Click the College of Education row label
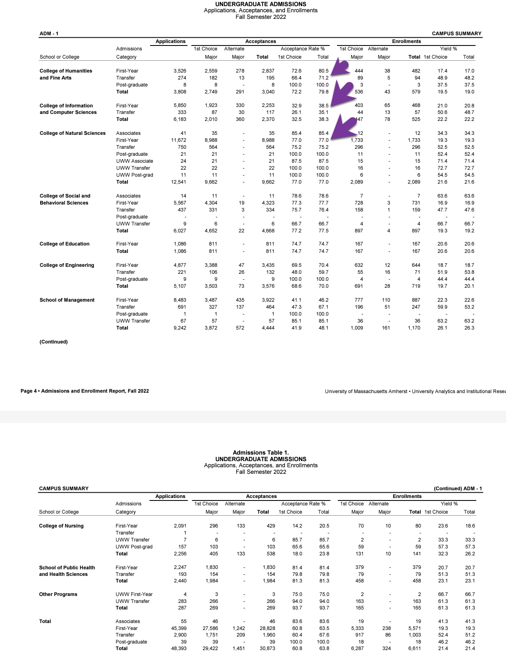point(64,244)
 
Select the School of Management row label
point(67,300)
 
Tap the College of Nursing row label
point(61,526)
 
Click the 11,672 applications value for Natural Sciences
point(179,140)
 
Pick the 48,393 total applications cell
point(178,648)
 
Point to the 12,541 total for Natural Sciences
point(178,182)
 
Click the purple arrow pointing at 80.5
point(340,68)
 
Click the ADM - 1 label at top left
point(49,34)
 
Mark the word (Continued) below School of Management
point(53,342)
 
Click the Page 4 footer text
point(84,391)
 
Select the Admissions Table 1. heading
point(261,453)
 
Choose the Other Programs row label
point(58,594)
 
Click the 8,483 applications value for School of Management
point(180,300)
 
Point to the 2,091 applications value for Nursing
point(180,526)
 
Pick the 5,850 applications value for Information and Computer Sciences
point(180,105)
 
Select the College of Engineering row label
point(67,265)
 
